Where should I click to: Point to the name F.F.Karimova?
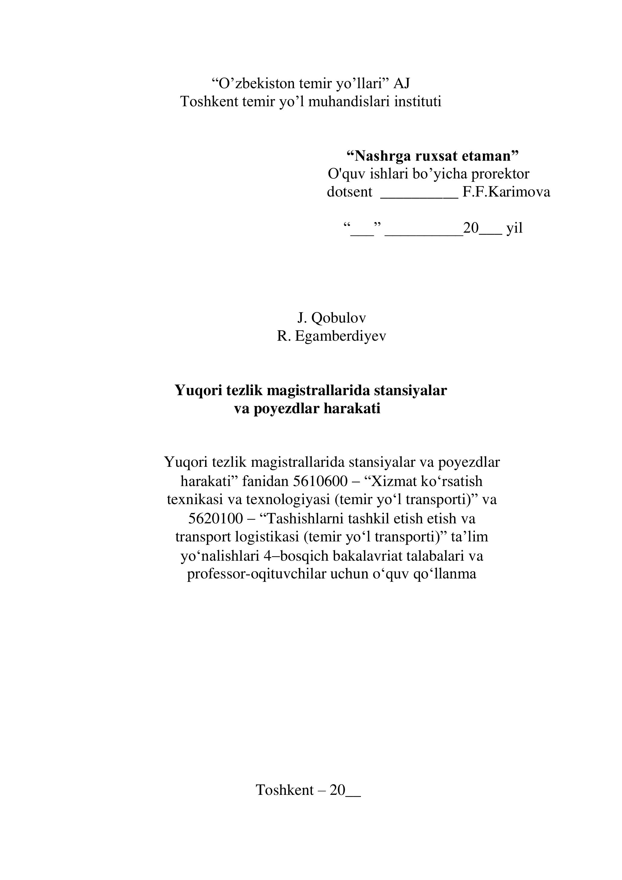click(506, 192)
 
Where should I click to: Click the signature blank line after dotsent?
click(419, 196)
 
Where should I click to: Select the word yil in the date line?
click(514, 228)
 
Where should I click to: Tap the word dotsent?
click(349, 192)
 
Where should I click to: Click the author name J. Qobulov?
click(332, 318)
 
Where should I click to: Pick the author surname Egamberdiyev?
click(340, 336)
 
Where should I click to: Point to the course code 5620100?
click(216, 519)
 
